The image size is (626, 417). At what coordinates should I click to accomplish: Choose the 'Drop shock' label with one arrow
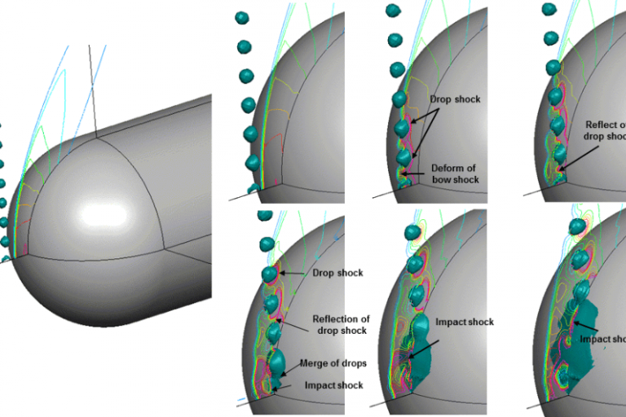click(x=337, y=273)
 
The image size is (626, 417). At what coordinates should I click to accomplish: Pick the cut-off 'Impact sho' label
click(x=602, y=339)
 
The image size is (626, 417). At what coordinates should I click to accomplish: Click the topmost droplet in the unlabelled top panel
click(x=242, y=17)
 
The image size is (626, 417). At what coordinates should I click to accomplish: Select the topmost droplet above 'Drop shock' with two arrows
click(x=393, y=11)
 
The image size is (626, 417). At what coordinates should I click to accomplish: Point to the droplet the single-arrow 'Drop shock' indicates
click(x=270, y=274)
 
